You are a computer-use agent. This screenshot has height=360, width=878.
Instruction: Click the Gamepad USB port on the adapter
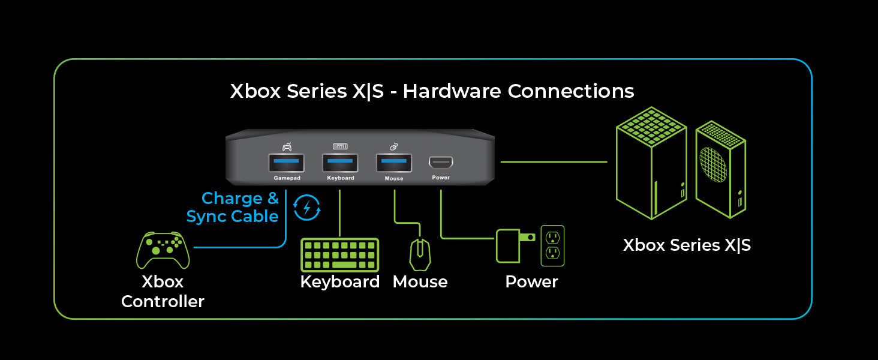(286, 163)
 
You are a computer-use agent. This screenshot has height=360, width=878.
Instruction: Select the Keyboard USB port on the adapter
(340, 163)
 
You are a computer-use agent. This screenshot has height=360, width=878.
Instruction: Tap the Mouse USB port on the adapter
(394, 163)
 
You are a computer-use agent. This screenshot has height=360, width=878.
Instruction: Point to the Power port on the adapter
(441, 162)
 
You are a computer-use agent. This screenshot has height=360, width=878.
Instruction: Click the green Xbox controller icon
(163, 250)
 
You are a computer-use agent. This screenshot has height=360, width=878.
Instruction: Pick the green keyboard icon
(339, 254)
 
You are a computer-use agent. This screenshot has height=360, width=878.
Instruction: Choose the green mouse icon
(420, 254)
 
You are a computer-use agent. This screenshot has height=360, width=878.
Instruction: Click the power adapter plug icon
(512, 245)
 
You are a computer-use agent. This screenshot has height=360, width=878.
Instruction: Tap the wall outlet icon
(552, 245)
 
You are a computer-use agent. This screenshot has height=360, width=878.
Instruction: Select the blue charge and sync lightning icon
(307, 208)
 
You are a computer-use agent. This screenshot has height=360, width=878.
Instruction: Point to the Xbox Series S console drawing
(720, 169)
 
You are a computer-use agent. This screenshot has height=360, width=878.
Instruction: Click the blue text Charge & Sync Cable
(233, 208)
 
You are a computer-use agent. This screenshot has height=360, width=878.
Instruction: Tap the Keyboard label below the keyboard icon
(340, 282)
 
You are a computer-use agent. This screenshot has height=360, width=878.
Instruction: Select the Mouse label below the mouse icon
(420, 282)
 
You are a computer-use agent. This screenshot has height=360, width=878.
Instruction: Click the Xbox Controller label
(163, 292)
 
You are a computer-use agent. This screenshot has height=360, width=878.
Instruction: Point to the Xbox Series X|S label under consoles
(687, 245)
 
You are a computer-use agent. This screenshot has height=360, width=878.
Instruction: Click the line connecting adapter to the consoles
(554, 161)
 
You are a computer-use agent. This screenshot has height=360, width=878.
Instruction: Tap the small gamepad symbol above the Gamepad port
(287, 146)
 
